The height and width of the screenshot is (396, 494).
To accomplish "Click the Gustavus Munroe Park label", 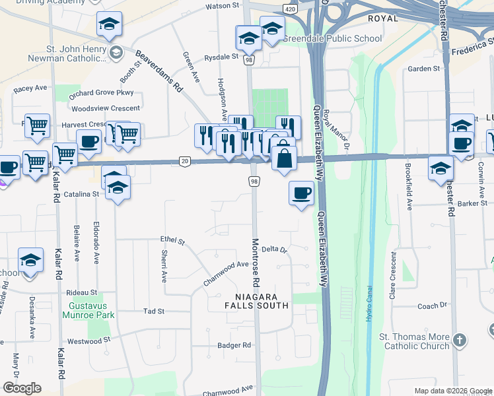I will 91,310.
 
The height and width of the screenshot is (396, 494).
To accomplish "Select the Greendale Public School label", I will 333,38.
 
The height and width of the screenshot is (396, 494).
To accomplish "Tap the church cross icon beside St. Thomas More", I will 460,341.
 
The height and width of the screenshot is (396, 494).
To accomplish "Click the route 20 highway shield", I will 184,161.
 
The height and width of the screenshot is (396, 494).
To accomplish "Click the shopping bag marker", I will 283,159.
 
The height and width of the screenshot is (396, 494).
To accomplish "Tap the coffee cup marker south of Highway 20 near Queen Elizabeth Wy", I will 301,193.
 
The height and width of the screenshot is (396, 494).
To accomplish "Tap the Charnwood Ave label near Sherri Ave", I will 225,273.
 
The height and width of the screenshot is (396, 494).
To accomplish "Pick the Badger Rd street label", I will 234,345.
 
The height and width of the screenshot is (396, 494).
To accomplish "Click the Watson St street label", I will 222,6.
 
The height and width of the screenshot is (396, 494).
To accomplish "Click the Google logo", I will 22,388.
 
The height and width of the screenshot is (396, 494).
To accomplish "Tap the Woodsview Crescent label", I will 106,108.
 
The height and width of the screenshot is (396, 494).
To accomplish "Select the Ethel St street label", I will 172,242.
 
